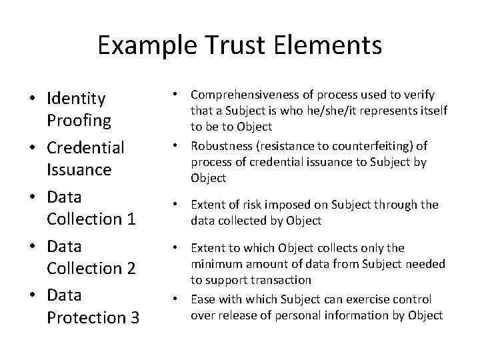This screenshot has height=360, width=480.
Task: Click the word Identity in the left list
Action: (x=76, y=99)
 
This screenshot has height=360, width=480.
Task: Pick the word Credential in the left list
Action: (x=85, y=147)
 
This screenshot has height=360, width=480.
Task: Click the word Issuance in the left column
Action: (x=79, y=170)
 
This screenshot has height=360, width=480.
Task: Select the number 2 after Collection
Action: (x=131, y=269)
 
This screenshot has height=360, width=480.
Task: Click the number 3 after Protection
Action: (x=133, y=318)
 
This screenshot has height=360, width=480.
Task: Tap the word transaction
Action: (x=284, y=281)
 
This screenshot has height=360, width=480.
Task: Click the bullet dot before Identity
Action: (x=32, y=100)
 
